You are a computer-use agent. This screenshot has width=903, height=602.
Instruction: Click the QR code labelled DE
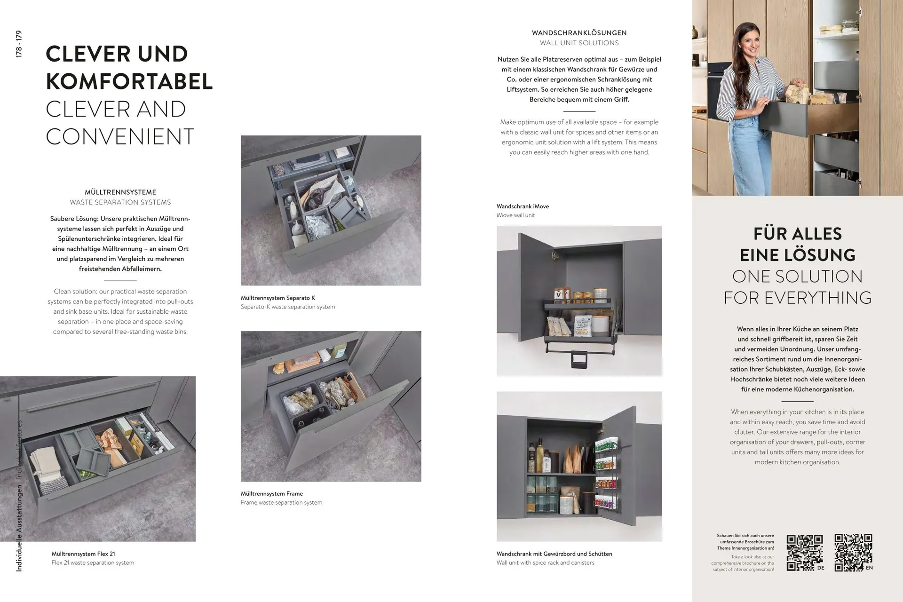805,553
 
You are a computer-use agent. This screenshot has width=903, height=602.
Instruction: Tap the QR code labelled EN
853,553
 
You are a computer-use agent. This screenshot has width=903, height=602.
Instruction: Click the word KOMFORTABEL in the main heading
129,81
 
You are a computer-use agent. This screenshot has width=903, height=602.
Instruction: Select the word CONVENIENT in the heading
120,137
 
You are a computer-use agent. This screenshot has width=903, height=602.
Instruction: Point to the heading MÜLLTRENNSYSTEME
120,192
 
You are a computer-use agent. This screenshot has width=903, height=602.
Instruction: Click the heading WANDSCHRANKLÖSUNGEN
579,33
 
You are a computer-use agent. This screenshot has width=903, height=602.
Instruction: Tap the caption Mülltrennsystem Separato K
278,298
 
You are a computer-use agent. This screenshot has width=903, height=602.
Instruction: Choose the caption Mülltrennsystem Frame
272,493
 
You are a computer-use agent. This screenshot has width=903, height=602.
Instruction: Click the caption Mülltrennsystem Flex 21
83,554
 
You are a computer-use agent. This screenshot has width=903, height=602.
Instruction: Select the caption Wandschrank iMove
523,206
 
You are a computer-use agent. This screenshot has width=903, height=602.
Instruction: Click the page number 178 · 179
19,44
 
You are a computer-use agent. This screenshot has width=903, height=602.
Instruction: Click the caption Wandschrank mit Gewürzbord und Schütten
554,554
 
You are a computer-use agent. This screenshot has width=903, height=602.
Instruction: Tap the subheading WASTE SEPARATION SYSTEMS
120,202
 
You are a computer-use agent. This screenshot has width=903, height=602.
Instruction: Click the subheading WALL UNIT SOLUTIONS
579,43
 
